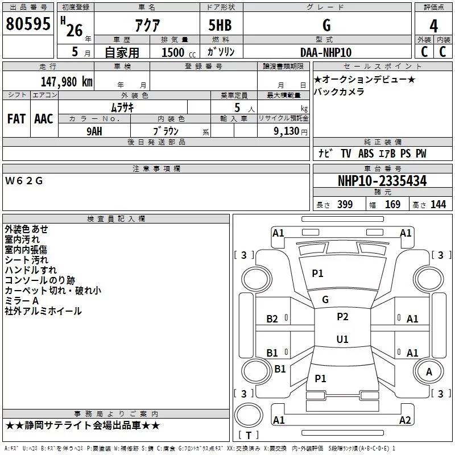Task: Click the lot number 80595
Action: click(28, 24)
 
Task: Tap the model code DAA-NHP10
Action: click(326, 52)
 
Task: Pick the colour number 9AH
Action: click(94, 130)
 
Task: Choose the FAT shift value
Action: click(16, 119)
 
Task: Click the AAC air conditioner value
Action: click(44, 119)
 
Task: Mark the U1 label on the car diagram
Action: click(342, 339)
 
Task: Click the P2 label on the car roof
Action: click(342, 317)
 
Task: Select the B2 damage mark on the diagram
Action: click(272, 319)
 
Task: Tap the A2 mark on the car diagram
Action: click(405, 420)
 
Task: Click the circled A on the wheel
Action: click(429, 371)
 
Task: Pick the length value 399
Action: click(345, 205)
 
